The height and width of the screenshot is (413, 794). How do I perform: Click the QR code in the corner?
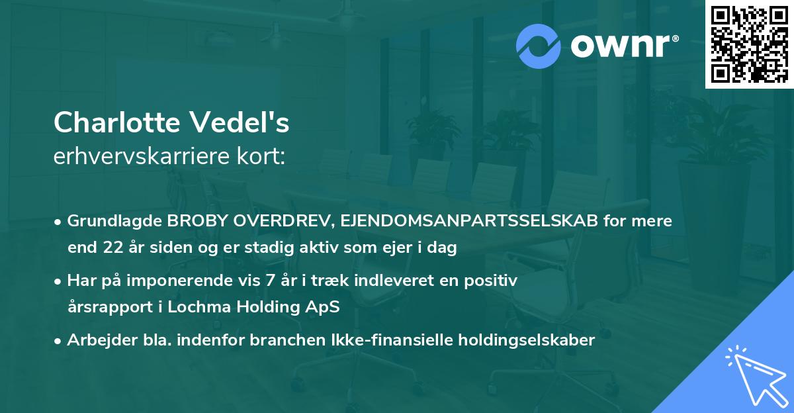749,44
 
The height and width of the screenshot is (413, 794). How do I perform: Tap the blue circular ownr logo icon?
539,46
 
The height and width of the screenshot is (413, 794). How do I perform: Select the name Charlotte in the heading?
117,122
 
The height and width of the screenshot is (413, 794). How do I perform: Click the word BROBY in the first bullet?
191,221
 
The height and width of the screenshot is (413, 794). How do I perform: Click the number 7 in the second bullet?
269,281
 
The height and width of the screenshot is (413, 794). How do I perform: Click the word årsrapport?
106,307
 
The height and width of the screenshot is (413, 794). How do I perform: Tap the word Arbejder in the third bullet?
97,340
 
